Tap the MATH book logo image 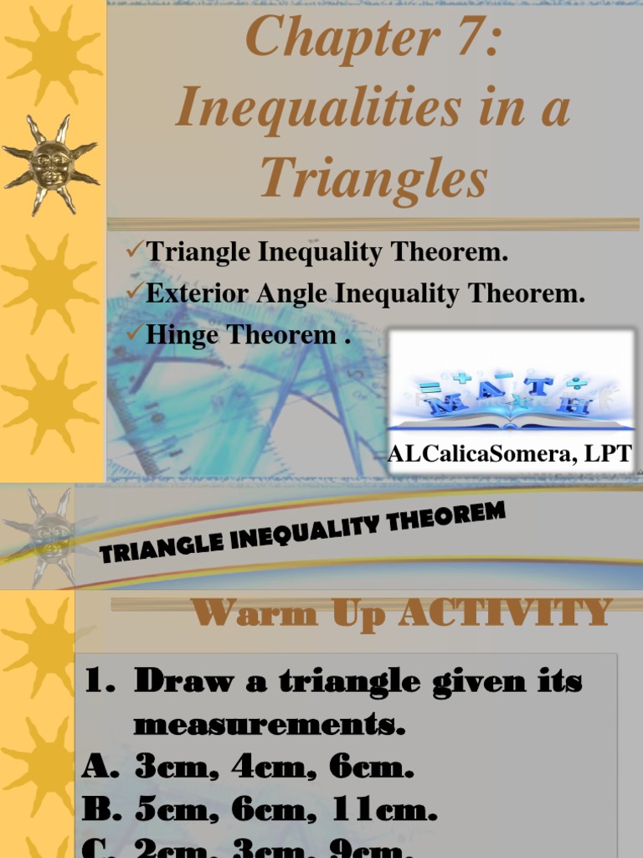coord(511,386)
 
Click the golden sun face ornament coord(51,164)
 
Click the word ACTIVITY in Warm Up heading coord(506,612)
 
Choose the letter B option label coord(100,810)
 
